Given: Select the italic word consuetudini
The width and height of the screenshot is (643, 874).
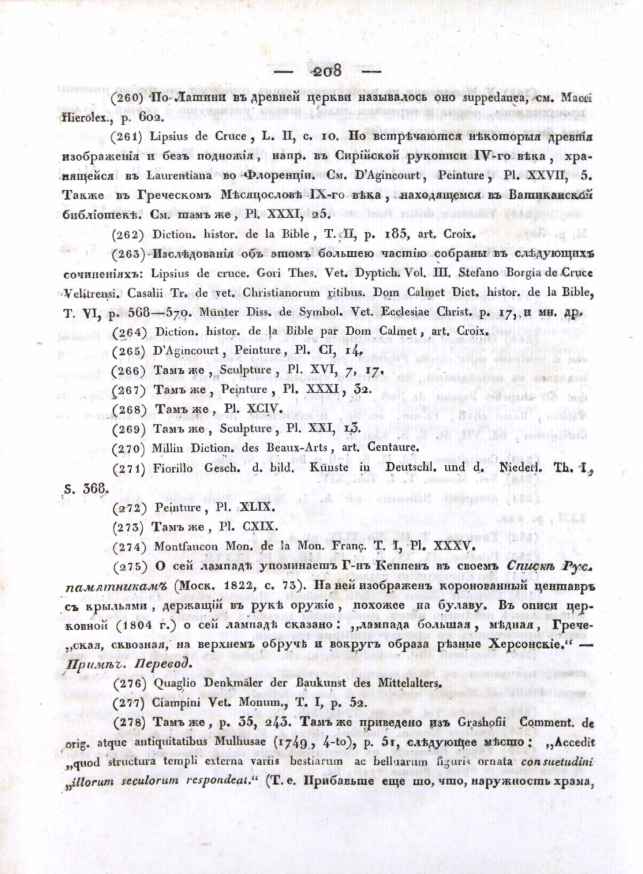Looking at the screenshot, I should pos(557,761).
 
